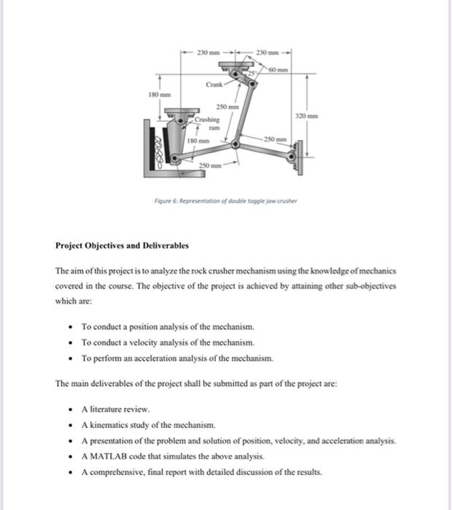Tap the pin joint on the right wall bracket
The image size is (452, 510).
pyautogui.click(x=294, y=155)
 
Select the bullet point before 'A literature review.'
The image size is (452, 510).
pyautogui.click(x=71, y=409)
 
